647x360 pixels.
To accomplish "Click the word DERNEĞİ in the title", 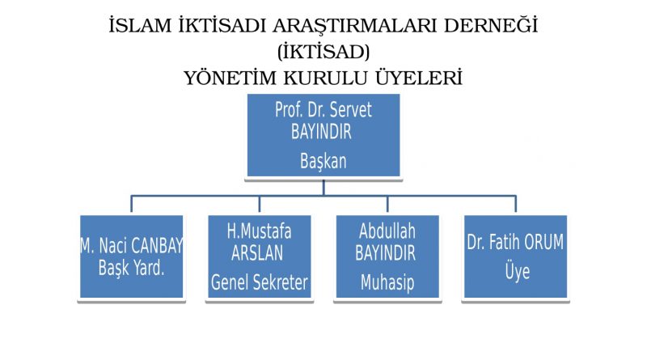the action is point(491,25).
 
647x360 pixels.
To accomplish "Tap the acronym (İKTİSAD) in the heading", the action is point(323,52).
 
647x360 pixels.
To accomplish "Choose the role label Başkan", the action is point(323,161).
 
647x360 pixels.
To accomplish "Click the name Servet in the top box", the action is point(351,110).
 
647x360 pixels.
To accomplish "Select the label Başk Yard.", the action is point(131,269).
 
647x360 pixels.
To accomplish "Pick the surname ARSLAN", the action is point(257,253).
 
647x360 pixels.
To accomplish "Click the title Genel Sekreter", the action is point(259,282).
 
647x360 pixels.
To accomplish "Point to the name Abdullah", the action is point(387,231).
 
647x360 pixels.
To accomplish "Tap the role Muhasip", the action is point(387,282).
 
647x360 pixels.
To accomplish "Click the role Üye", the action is point(518,271).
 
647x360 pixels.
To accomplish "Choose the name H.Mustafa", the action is point(259,231).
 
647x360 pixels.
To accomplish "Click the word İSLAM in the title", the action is point(140,26).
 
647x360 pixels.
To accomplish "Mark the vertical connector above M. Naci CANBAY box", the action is point(131,204).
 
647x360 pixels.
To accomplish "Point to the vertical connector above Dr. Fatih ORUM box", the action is point(515,204).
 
